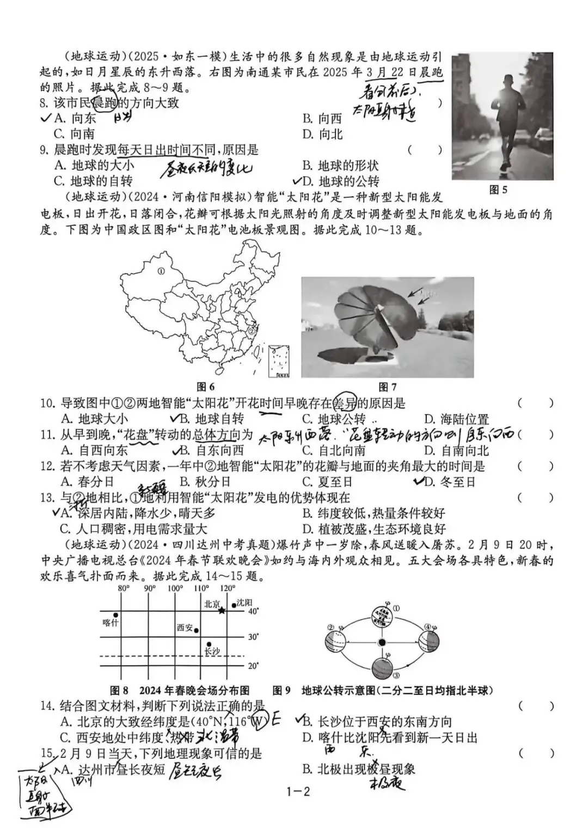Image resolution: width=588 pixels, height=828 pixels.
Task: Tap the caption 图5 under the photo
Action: point(498,190)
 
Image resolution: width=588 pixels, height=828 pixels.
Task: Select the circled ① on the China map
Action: point(161,271)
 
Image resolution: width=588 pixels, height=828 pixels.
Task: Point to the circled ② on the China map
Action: point(252,330)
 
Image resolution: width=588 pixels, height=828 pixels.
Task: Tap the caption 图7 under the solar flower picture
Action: point(387,387)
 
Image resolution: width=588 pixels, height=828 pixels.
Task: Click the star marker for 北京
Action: point(222,611)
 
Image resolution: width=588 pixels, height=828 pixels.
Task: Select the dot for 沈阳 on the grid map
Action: point(234,605)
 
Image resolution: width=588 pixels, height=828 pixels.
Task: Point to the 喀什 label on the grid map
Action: point(111,622)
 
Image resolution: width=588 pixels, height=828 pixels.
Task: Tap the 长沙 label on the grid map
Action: point(212,652)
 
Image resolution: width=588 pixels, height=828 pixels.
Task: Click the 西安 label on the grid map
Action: point(185,628)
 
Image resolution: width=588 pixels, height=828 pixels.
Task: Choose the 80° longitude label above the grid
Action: point(124,588)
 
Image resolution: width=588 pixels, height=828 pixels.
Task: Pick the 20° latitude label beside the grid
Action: point(253,666)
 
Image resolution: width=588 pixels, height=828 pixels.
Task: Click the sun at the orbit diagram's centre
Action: point(382,643)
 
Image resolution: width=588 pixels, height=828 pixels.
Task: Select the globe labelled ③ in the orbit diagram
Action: point(382,667)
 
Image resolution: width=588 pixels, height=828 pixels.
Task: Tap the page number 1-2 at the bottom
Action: point(298,792)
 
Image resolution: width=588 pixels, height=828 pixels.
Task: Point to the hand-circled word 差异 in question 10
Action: point(345,403)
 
